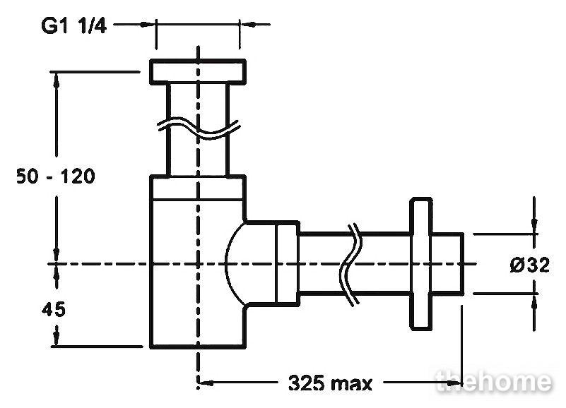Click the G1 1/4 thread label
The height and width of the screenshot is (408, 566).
(x=73, y=25)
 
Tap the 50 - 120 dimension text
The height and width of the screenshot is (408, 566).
(x=56, y=176)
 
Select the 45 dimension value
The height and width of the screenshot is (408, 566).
(x=54, y=309)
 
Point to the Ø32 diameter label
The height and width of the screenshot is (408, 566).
(x=529, y=265)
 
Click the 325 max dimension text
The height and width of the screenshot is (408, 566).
(x=330, y=383)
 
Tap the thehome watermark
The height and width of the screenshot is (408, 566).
(x=494, y=381)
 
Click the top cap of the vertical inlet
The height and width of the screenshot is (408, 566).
(x=198, y=72)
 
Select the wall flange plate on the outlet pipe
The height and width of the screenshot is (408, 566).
(x=421, y=263)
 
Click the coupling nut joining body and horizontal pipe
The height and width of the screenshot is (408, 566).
(x=288, y=264)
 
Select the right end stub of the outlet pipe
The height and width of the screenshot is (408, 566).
(x=447, y=264)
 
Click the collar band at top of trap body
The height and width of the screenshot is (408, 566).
(x=198, y=187)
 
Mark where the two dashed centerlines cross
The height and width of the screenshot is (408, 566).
(x=198, y=264)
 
